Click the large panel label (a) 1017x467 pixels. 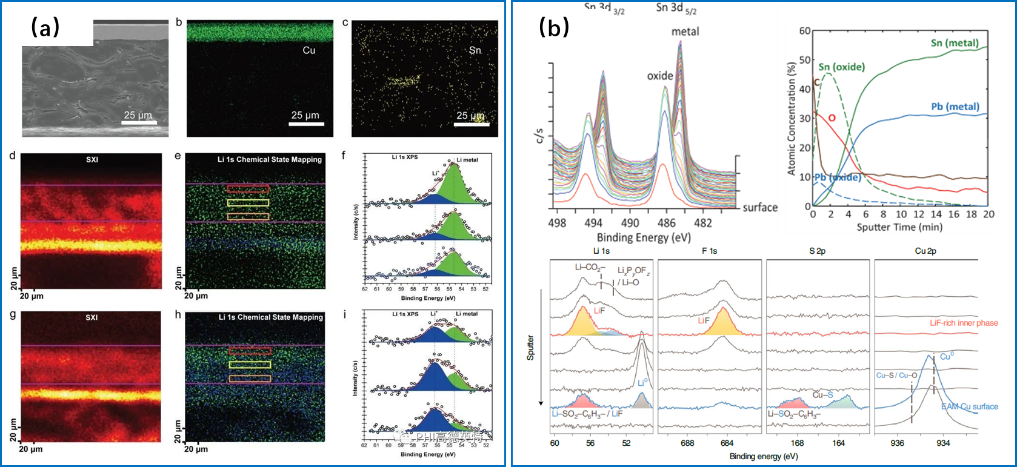coord(45,27)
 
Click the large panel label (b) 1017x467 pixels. coord(553,27)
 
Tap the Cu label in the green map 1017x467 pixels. coord(309,50)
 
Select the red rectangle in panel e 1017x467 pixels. coord(248,189)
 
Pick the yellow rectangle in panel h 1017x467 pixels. coord(250,365)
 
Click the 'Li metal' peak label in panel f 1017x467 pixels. coord(467,160)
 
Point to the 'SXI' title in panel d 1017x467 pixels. coord(92,160)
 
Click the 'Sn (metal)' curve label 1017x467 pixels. coord(955,43)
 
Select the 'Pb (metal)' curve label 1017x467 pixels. coord(955,107)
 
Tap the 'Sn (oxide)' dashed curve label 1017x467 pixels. coord(841,67)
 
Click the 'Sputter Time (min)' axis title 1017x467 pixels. coord(899,227)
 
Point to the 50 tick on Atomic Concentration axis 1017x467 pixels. coord(804,60)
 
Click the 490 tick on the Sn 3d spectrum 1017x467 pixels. coord(630,223)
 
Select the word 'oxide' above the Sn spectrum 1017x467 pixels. coord(660,76)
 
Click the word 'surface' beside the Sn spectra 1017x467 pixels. coord(760,207)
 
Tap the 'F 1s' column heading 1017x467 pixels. coord(709,251)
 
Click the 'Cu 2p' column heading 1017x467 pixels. coord(925,251)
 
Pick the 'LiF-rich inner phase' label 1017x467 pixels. coord(964,323)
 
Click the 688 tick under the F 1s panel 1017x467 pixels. coord(687,443)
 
